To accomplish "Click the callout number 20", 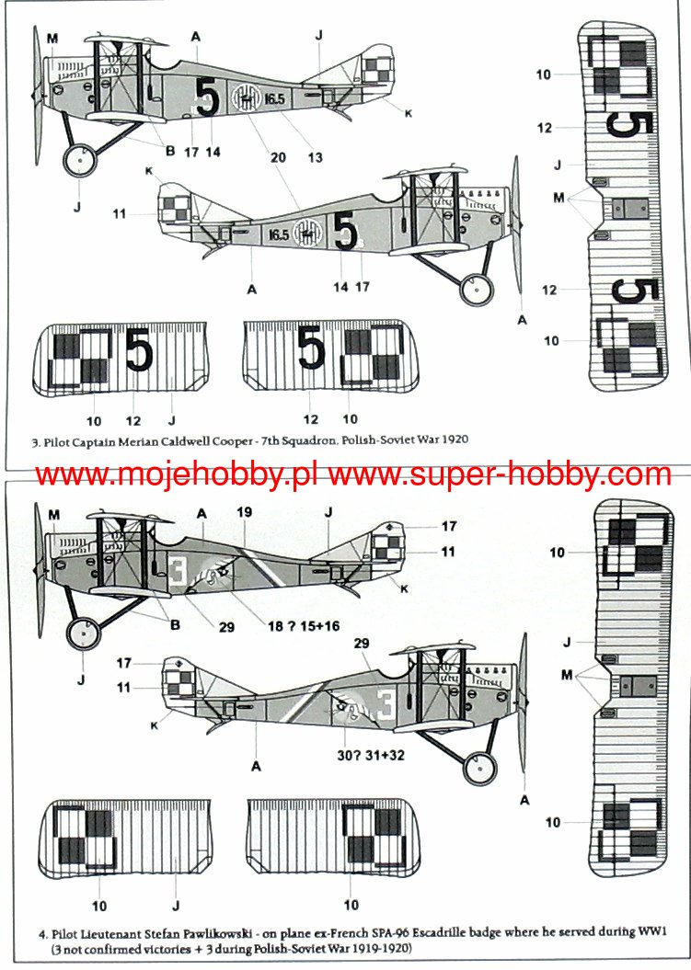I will (276, 157).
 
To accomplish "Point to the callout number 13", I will (315, 157).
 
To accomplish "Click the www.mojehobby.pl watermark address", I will (179, 474).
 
